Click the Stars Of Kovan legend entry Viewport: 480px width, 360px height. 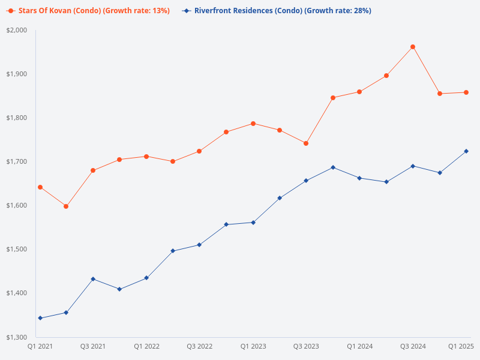pyautogui.click(x=89, y=11)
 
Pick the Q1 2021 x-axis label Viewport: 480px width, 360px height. pyautogui.click(x=40, y=346)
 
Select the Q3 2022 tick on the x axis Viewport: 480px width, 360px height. pyautogui.click(x=199, y=346)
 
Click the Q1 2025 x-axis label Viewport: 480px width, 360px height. pyautogui.click(x=462, y=346)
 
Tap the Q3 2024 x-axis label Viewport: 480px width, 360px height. pyautogui.click(x=413, y=346)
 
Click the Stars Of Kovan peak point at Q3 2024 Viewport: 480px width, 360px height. pyautogui.click(x=413, y=47)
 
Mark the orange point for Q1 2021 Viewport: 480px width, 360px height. pyautogui.click(x=40, y=187)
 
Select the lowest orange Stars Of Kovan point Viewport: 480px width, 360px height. pyautogui.click(x=66, y=206)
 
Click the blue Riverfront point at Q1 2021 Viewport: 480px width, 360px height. pyautogui.click(x=40, y=318)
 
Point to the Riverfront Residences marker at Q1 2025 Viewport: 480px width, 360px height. pyautogui.click(x=466, y=151)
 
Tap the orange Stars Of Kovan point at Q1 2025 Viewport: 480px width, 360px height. pyautogui.click(x=466, y=92)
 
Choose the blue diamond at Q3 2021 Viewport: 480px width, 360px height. pyautogui.click(x=93, y=279)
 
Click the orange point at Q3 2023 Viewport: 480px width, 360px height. pyautogui.click(x=306, y=143)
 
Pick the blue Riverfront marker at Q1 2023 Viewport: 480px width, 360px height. pyautogui.click(x=253, y=223)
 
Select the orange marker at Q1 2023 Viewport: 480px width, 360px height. pyautogui.click(x=253, y=124)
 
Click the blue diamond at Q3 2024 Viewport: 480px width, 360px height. pyautogui.click(x=413, y=166)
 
